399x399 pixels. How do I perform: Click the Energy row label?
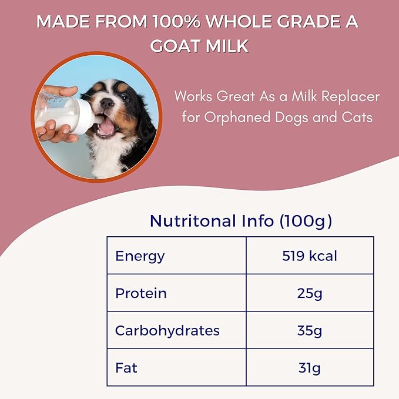[140, 256]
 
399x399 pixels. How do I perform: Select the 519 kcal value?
[310, 256]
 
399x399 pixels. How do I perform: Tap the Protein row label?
[141, 293]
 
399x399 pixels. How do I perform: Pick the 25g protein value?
[310, 293]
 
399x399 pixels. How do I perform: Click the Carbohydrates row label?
[167, 330]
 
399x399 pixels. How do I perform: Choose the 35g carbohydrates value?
[310, 330]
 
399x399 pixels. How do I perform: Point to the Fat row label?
[126, 368]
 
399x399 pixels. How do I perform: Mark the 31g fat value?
[310, 368]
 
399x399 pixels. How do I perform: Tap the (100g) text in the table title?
[305, 221]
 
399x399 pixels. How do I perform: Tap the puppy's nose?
[107, 104]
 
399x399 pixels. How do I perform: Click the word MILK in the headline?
[227, 46]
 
